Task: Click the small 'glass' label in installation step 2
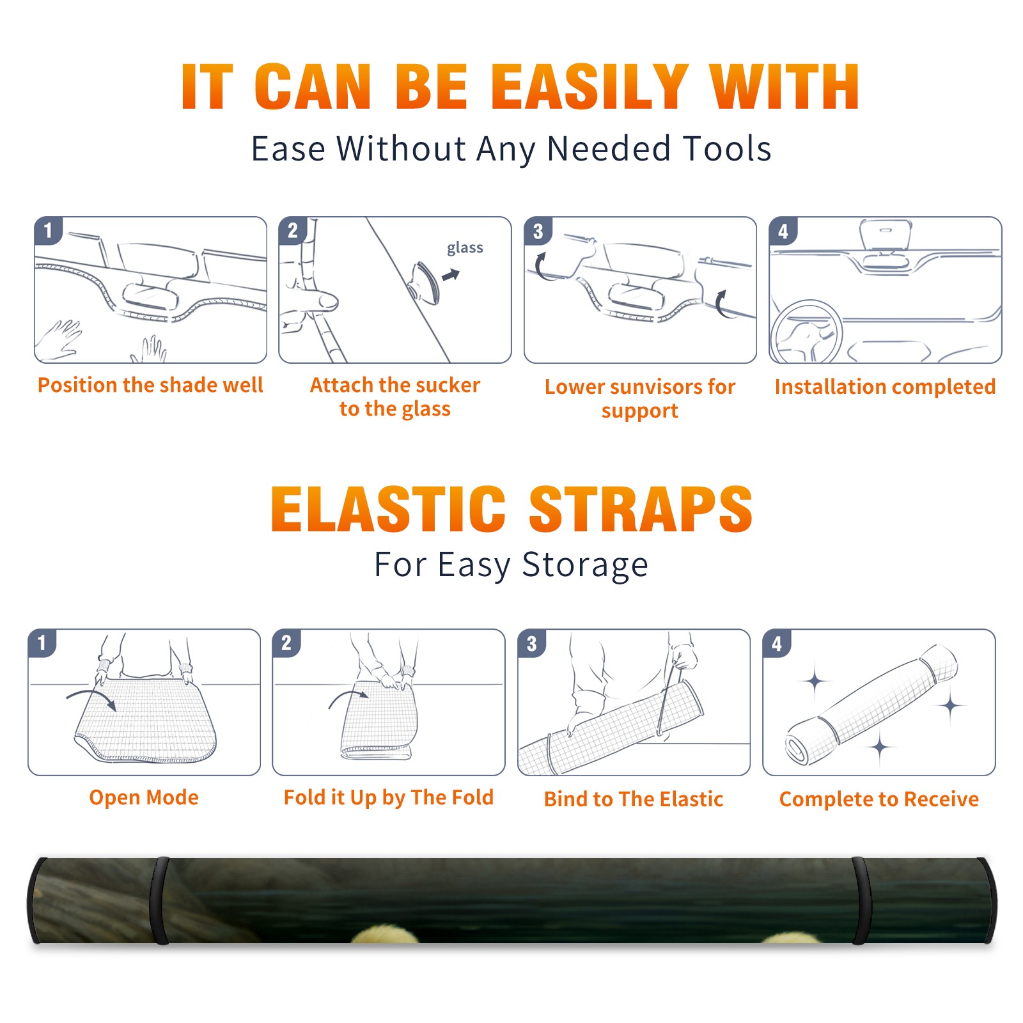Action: [x=465, y=247]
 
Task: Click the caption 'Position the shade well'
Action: [x=150, y=385]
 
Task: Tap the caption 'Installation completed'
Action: [x=885, y=387]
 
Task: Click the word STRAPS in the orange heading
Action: [x=641, y=509]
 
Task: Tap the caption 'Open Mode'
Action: [x=144, y=797]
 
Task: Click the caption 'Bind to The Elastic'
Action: [x=633, y=799]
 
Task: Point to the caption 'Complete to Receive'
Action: [x=879, y=799]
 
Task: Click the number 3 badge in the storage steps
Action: [x=532, y=643]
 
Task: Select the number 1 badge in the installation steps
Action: [x=49, y=230]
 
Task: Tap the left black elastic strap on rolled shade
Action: [x=160, y=900]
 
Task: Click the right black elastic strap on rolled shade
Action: [x=863, y=900]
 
